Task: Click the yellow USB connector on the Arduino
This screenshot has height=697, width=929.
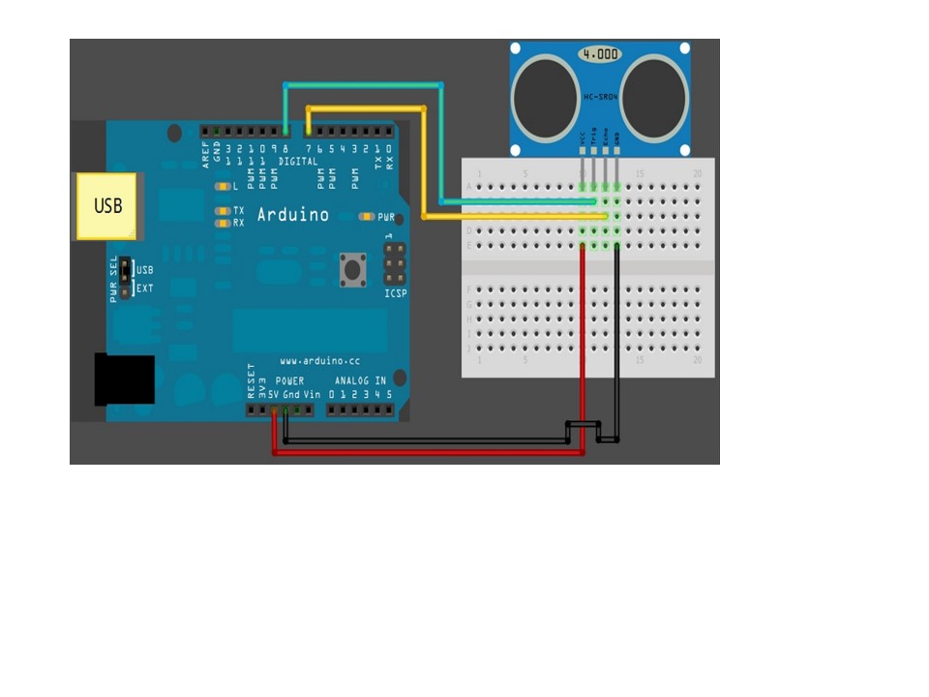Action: (107, 205)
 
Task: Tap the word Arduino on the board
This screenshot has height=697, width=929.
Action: (292, 215)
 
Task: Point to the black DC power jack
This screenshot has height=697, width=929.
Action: (125, 379)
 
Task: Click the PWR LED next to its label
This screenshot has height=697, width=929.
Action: (366, 217)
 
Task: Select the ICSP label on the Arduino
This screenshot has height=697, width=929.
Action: (395, 292)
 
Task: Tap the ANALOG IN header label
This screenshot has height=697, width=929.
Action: (360, 380)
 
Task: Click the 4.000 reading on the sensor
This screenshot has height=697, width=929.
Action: (600, 54)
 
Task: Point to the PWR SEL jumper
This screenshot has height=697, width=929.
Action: (124, 280)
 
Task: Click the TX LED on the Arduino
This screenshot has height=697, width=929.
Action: (225, 210)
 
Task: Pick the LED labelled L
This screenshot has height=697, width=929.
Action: (225, 186)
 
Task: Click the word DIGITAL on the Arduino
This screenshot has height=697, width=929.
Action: (297, 162)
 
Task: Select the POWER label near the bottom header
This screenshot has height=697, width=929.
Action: (289, 380)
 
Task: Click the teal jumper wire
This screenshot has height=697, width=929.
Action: (441, 145)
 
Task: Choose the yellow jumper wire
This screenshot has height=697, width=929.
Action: (424, 165)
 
